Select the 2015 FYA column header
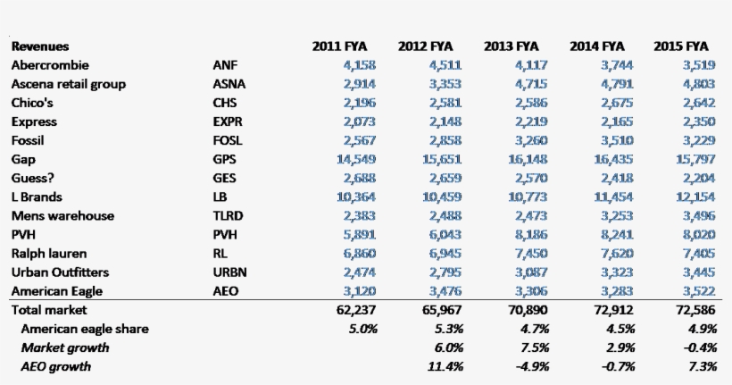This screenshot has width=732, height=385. tap(681, 46)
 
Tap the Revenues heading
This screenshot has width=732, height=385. tap(40, 46)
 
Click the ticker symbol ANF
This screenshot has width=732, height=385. tap(225, 65)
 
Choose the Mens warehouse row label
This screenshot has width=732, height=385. tap(62, 216)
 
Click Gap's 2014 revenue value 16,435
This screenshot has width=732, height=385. tap(610, 159)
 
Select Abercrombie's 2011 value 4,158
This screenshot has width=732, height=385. tap(359, 65)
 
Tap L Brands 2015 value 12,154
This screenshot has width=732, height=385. tap(694, 197)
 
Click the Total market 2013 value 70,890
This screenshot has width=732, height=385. tap(528, 310)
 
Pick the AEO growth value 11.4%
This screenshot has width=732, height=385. tap(446, 366)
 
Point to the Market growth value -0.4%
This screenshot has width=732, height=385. tap(697, 347)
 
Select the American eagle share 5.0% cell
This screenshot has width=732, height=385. tap(362, 329)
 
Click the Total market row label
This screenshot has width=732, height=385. tap(49, 310)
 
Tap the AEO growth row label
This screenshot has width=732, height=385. tap(56, 366)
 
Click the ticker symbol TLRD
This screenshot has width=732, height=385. tap(229, 216)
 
